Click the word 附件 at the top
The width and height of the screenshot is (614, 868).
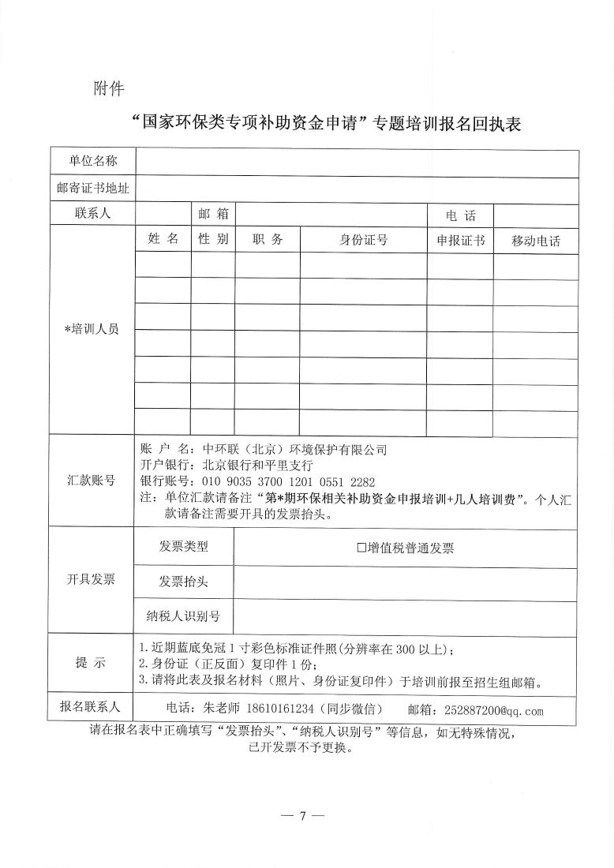tap(109, 88)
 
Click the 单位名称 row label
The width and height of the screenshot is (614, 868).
tap(92, 161)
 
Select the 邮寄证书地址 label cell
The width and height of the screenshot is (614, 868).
tap(92, 188)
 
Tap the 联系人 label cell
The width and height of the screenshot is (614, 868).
tap(92, 214)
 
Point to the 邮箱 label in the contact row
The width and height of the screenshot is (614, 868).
tap(213, 214)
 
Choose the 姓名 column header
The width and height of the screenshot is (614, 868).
tap(163, 239)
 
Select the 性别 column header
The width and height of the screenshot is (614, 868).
tap(213, 239)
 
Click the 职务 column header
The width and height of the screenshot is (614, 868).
tap(267, 240)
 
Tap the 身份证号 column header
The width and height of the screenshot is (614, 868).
tap(364, 240)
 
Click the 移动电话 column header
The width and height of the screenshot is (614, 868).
tap(536, 241)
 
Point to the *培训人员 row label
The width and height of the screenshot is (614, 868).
tap(92, 330)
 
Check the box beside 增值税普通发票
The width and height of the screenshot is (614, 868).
tap(362, 548)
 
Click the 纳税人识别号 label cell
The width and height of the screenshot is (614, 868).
tap(184, 615)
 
